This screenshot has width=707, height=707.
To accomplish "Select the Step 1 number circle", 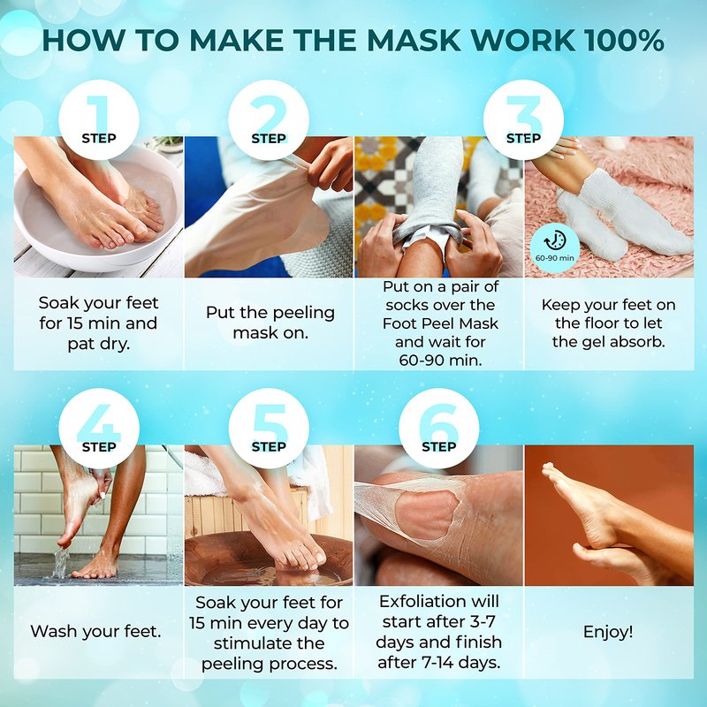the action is [99, 119].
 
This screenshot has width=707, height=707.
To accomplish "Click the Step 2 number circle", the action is [269, 119].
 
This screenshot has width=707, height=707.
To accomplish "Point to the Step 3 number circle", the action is [523, 119].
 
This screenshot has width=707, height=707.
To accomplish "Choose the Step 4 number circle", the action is [99, 429].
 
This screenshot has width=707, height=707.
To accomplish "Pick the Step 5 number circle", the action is [269, 429].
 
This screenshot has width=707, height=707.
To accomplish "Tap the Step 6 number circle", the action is [438, 429].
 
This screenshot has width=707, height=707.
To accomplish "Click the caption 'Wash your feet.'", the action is [95, 631].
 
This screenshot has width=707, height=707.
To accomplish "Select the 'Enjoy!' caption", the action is [608, 632].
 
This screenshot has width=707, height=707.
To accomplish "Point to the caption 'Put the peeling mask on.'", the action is [270, 323].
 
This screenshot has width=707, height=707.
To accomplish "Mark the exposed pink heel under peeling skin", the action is [425, 514].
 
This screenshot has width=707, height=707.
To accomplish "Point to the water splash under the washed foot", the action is [60, 564].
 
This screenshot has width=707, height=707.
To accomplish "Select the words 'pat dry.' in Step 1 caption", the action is [99, 344].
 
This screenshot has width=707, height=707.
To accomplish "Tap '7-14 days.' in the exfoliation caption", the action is [438, 662].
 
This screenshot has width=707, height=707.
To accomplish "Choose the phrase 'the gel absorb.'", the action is [608, 341].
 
